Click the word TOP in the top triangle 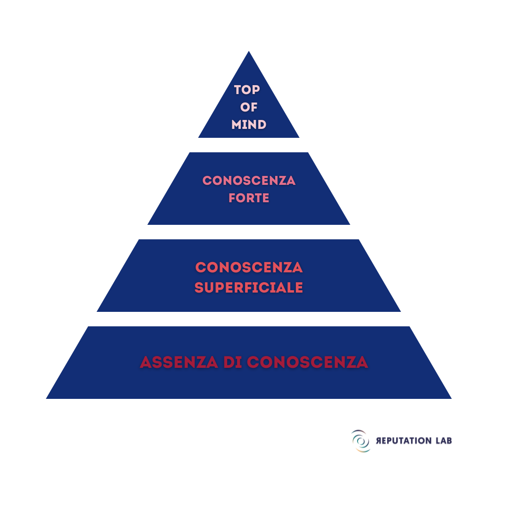pyautogui.click(x=247, y=90)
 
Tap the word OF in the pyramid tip pyautogui.click(x=249, y=107)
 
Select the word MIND pyautogui.click(x=249, y=125)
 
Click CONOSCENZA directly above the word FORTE pyautogui.click(x=249, y=181)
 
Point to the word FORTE pyautogui.click(x=249, y=198)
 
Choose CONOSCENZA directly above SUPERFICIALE pyautogui.click(x=249, y=268)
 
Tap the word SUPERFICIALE pyautogui.click(x=249, y=288)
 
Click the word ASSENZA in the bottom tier pyautogui.click(x=179, y=362)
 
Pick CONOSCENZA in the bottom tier pyautogui.click(x=308, y=362)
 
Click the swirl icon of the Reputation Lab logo pyautogui.click(x=361, y=441)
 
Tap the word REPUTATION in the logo pyautogui.click(x=404, y=441)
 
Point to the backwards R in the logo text pyautogui.click(x=379, y=441)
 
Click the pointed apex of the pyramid pyautogui.click(x=249, y=51)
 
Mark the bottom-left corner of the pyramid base pyautogui.click(x=46, y=398)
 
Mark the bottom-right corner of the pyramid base pyautogui.click(x=451, y=398)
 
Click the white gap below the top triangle pyautogui.click(x=249, y=145)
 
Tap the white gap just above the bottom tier pyautogui.click(x=249, y=319)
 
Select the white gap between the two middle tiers pyautogui.click(x=249, y=232)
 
